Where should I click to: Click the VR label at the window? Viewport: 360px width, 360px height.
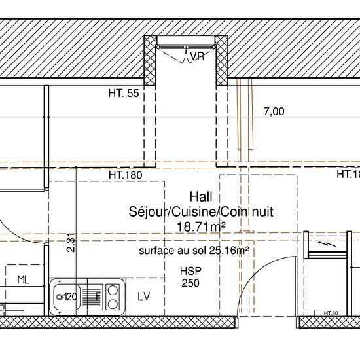(197, 56)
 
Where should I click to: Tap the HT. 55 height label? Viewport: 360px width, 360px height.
(124, 93)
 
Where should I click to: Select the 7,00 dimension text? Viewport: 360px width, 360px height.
(274, 111)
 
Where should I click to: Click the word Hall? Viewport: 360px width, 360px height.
(201, 197)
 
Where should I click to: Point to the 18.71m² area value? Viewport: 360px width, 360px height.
(201, 227)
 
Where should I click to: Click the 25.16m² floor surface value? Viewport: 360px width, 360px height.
(229, 251)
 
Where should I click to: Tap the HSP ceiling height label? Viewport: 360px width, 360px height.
(190, 271)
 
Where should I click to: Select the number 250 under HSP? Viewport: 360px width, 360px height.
(190, 283)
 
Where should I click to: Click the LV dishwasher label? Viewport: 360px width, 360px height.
(144, 297)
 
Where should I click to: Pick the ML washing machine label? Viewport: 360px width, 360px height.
(24, 280)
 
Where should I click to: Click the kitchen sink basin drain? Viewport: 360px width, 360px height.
(60, 297)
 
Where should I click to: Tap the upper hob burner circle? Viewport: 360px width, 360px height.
(113, 290)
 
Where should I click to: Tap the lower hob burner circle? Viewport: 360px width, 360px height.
(113, 304)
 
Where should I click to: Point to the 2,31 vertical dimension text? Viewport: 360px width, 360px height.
(71, 243)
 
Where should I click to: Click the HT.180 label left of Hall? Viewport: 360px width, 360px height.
(126, 175)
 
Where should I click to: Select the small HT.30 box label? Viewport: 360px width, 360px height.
(331, 313)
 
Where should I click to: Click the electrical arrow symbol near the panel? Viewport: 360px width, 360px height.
(327, 244)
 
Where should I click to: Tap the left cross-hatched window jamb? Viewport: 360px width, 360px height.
(150, 61)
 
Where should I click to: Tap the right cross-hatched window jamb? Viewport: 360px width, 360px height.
(222, 61)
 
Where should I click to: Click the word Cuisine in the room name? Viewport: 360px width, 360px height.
(194, 212)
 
